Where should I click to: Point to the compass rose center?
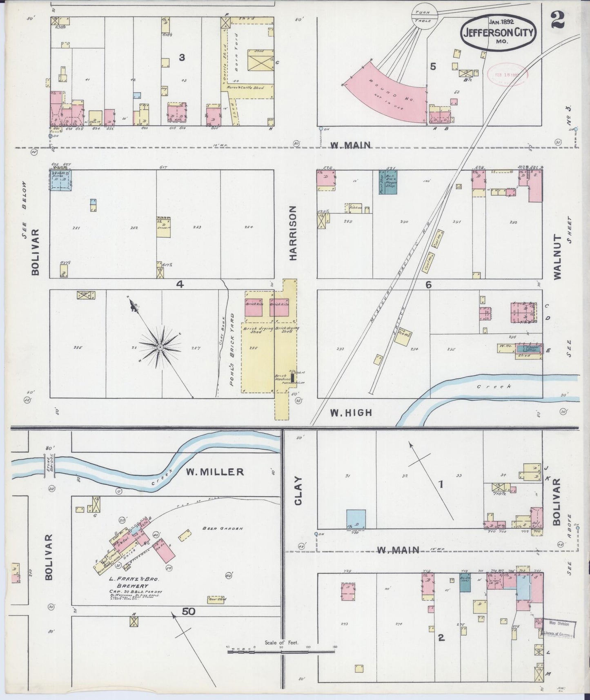tap(160, 347)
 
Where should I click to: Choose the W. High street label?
tap(351, 413)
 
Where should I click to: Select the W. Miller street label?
tap(215, 472)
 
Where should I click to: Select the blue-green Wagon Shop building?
tap(387, 182)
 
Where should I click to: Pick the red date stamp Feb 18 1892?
tap(508, 74)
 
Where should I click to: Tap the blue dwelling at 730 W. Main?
tap(356, 519)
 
